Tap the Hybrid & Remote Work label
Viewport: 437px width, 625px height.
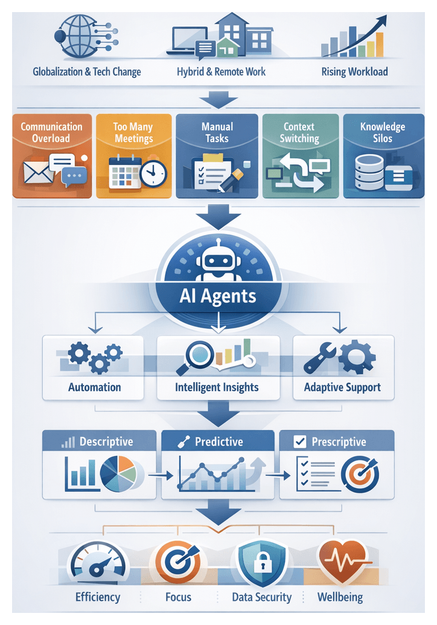click(221, 72)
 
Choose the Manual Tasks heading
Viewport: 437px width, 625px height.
click(217, 132)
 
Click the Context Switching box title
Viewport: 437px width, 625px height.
click(299, 132)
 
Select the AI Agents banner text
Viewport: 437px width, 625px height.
click(218, 297)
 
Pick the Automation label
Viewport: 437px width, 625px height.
click(94, 387)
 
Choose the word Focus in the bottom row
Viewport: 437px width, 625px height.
click(178, 597)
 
